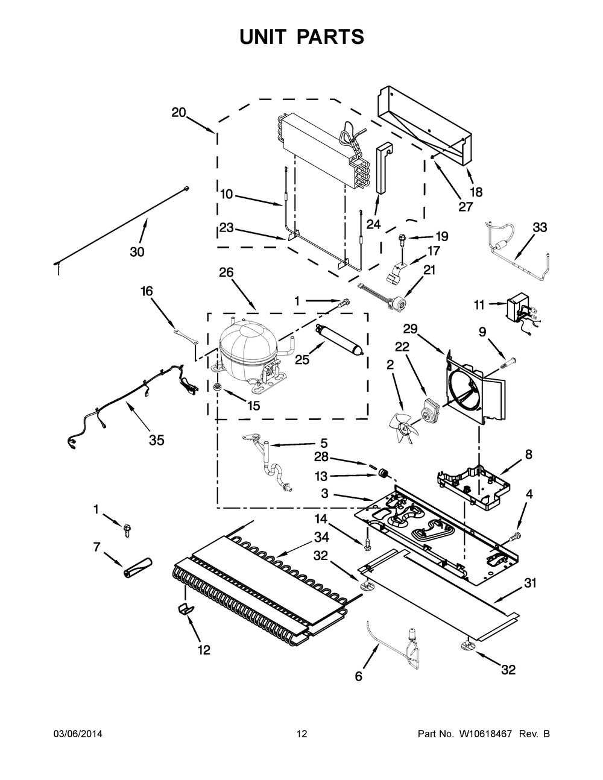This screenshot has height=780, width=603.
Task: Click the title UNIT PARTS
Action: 301,37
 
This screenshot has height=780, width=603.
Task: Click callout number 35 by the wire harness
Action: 156,441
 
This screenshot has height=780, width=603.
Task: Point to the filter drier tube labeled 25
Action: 339,341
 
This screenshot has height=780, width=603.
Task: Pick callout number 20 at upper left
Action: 178,113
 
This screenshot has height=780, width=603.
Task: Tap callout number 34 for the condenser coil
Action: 321,537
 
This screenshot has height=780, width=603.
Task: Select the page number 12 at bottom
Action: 301,734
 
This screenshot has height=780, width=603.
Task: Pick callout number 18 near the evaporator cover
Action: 476,192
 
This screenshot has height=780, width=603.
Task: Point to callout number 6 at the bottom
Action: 358,676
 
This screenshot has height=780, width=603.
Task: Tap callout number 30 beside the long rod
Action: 137,252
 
